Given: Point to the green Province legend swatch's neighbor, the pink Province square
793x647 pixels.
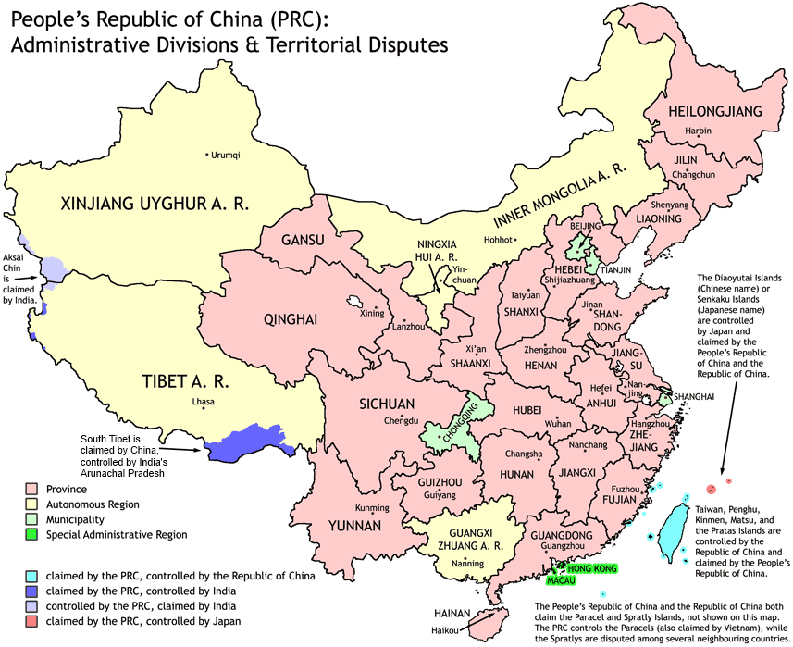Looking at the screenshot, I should point(31,489).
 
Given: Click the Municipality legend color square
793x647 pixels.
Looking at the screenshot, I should point(31,519).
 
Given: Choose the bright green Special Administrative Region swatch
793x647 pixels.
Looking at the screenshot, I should point(31,534).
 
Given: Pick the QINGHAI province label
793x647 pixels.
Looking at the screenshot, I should point(291,320).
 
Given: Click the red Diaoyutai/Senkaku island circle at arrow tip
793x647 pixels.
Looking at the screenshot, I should point(711,489).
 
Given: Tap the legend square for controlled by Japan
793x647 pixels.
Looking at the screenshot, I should point(31,621).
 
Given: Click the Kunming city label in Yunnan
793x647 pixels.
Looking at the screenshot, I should point(372,508).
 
